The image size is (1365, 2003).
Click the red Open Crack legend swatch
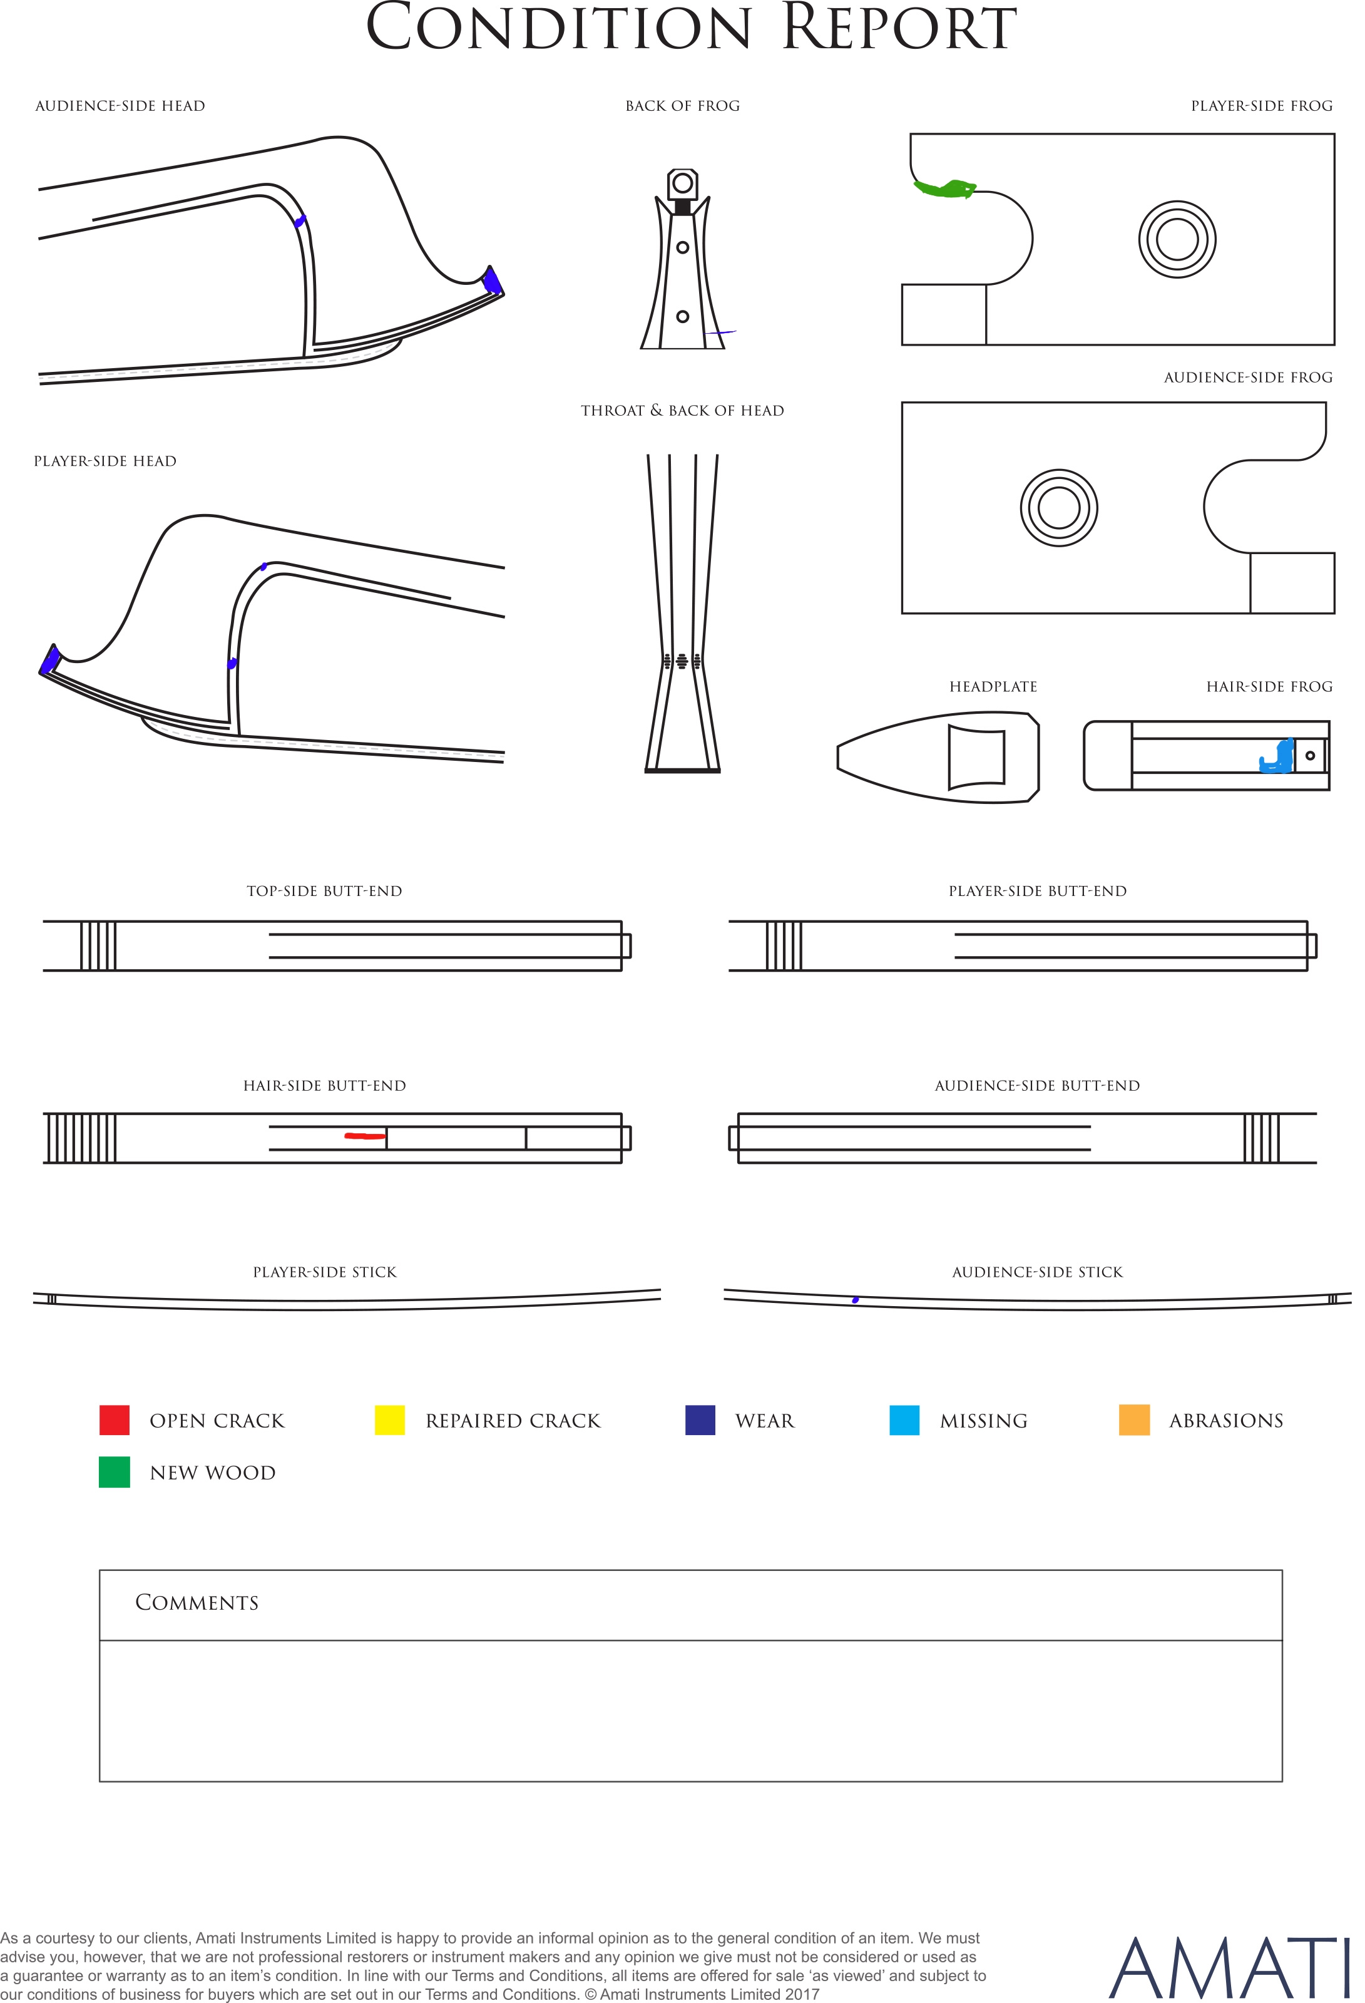point(115,1420)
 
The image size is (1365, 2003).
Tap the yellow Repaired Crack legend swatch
point(389,1420)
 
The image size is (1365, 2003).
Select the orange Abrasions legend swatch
point(1134,1420)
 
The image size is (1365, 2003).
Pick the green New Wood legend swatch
point(115,1472)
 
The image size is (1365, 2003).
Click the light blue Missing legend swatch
point(904,1420)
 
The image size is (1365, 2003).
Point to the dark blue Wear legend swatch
point(700,1420)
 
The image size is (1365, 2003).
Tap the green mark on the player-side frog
point(944,188)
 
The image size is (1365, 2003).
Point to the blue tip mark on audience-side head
point(492,280)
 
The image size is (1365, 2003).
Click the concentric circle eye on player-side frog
point(1177,240)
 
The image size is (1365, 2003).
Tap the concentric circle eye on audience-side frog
point(1059,508)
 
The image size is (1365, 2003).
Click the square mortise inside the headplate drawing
point(976,757)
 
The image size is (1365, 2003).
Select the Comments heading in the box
point(197,1602)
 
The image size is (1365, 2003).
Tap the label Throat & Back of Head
point(682,410)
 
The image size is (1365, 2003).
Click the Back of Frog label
point(682,106)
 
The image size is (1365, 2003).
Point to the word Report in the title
point(899,28)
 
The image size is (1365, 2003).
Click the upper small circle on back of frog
point(682,247)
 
